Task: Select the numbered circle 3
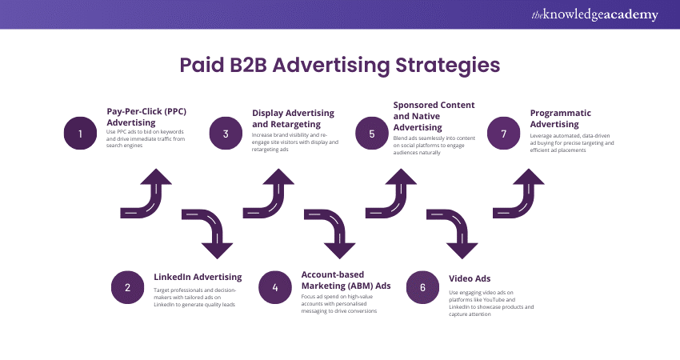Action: coord(226,134)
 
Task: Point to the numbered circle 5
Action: coord(372,134)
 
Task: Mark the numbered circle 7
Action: coord(502,134)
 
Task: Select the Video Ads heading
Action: coord(470,278)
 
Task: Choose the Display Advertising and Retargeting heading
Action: coord(293,118)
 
